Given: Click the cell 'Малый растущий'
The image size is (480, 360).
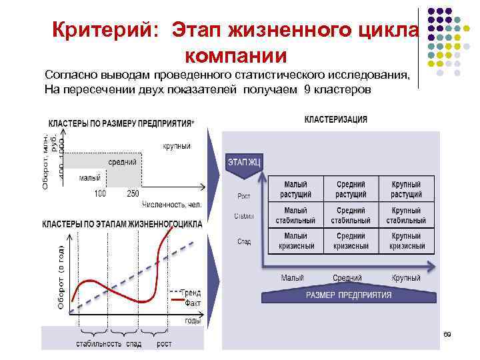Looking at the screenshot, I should pos(295,189).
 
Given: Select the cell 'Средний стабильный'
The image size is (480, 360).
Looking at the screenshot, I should pos(351,215).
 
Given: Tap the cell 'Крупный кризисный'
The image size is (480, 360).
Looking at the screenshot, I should pos(407,241).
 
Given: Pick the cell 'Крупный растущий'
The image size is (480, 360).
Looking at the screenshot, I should pos(407,189).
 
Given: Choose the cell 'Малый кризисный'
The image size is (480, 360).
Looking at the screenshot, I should pos(295,241).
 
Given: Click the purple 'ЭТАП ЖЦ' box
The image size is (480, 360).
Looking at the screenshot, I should pos(245,162).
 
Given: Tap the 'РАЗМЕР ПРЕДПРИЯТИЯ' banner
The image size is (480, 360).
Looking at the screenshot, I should pos(348,295).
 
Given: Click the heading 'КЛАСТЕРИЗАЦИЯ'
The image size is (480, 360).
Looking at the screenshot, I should pos(335,119).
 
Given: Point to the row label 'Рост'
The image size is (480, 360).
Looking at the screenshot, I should pos(245,196).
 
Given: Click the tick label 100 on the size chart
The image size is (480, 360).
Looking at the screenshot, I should pos(100,193).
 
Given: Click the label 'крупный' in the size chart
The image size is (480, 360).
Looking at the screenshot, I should pos(176,146).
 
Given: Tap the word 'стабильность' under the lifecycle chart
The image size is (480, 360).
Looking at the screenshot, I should pos(99,344).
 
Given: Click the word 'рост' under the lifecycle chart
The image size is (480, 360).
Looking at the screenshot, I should pos(164,344).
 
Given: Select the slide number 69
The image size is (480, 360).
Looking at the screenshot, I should pos(447,333).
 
